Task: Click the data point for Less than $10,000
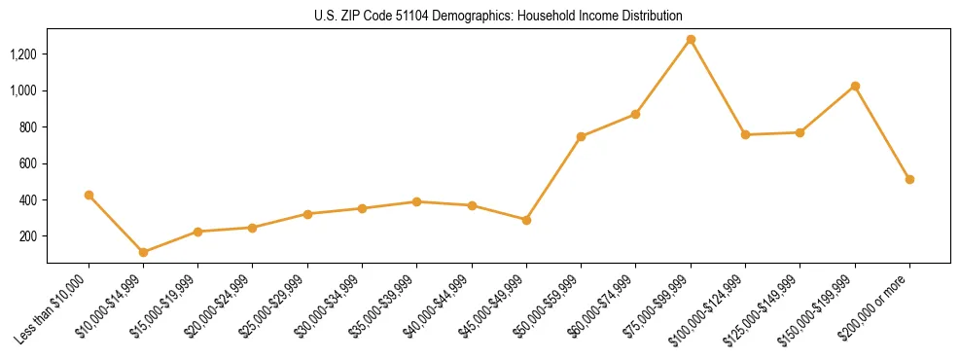click(89, 196)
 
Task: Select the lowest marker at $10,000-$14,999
click(143, 252)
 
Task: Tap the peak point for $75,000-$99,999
click(691, 40)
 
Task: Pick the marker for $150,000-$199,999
click(855, 87)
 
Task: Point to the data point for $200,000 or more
click(909, 179)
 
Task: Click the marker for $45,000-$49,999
click(526, 220)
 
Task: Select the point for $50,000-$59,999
click(581, 136)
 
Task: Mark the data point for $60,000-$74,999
click(635, 114)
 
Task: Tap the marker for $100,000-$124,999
click(745, 134)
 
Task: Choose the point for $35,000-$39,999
click(416, 201)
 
